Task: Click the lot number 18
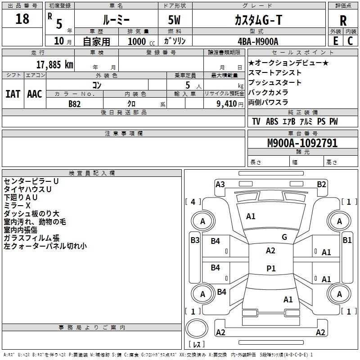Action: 22,18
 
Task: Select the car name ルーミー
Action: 116,20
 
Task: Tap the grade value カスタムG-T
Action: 258,20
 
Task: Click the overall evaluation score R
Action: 343,21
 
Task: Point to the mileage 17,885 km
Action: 54,65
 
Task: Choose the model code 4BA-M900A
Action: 258,41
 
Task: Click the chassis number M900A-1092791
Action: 302,143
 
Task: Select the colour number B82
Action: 74,104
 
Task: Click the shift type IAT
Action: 13,94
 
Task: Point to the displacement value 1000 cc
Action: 141,41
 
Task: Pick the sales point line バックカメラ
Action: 268,92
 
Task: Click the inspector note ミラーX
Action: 17,206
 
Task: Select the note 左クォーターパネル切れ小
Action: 45,246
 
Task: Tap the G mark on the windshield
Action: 284,237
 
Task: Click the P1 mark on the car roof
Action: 271,268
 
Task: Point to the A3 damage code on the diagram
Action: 220,184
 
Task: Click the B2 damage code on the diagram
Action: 321,184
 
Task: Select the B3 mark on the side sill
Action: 195,240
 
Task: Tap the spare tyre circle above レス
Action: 197,329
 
